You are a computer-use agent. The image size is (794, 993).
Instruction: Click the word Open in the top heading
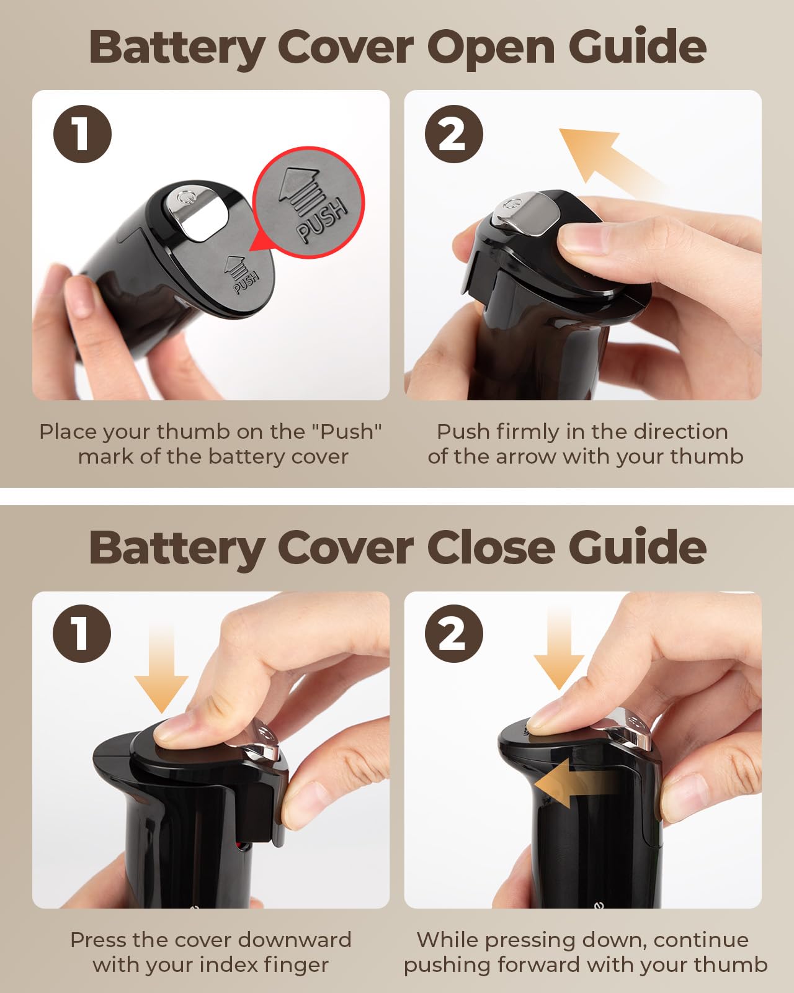[491, 48]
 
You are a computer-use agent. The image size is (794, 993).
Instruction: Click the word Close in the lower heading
[491, 548]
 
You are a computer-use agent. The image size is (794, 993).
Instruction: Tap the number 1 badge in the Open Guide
[82, 134]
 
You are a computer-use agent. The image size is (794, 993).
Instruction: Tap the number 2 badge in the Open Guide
[454, 134]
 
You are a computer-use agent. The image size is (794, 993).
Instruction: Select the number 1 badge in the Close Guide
[82, 634]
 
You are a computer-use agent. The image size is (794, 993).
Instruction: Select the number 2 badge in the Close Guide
[454, 634]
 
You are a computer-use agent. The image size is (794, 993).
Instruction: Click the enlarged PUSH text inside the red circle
[322, 219]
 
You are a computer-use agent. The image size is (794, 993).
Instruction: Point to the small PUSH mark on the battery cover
[246, 282]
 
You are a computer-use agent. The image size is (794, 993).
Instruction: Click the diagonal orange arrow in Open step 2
[609, 160]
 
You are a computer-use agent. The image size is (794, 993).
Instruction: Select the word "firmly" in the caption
[528, 433]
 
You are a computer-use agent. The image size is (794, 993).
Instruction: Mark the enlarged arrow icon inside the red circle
[300, 192]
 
